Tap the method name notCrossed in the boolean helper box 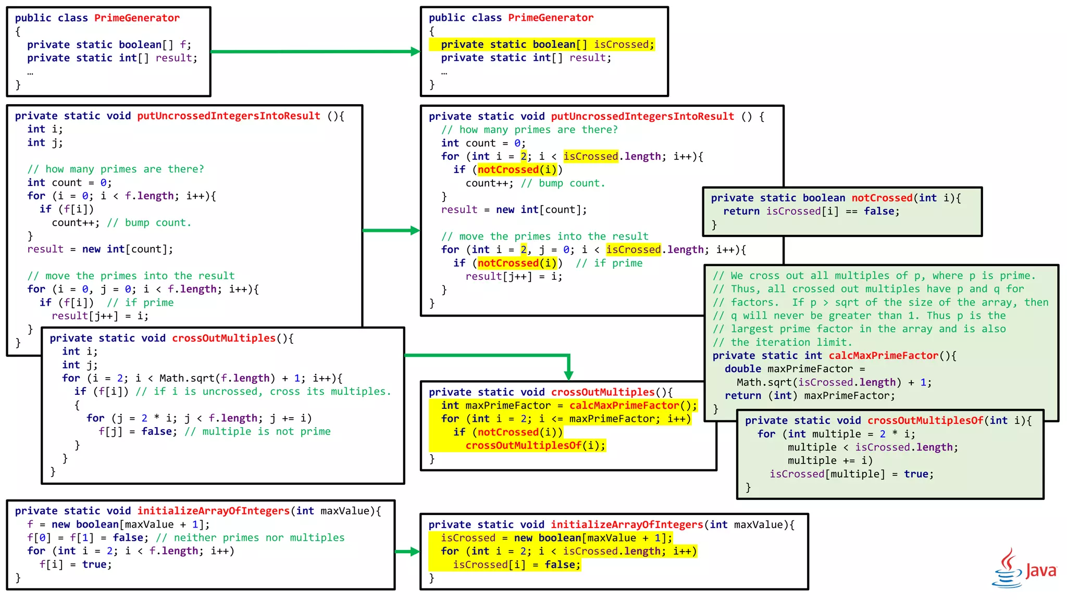(x=882, y=198)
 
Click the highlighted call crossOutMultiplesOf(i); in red (x=535, y=446)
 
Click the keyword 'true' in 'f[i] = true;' (x=94, y=565)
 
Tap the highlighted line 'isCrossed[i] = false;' (x=516, y=565)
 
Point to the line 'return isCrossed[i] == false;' (x=811, y=211)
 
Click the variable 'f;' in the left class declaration (x=185, y=45)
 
